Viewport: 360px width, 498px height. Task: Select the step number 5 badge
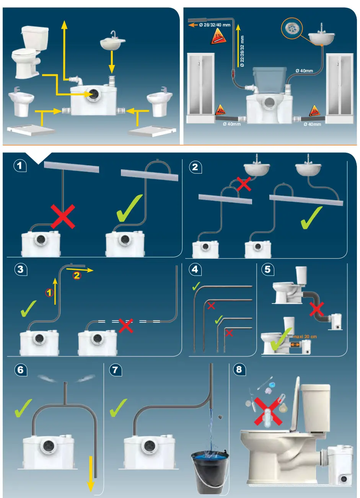[x=267, y=269]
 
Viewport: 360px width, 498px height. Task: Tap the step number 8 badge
[x=239, y=369]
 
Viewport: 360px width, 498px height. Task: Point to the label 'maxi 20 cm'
[x=305, y=337]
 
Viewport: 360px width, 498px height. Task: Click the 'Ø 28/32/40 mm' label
[x=215, y=25]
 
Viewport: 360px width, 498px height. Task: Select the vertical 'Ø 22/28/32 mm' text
[x=242, y=52]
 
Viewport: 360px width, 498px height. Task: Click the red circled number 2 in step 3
[x=77, y=275]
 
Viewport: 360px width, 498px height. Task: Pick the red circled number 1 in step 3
[x=49, y=293]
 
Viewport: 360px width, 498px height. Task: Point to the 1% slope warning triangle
[x=218, y=38]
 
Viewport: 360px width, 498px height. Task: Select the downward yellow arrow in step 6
[x=90, y=473]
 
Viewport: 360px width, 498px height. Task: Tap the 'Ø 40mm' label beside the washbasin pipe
[x=304, y=71]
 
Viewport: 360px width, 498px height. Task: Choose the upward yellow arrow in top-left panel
[x=64, y=50]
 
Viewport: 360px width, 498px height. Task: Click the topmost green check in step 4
[x=197, y=286]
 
